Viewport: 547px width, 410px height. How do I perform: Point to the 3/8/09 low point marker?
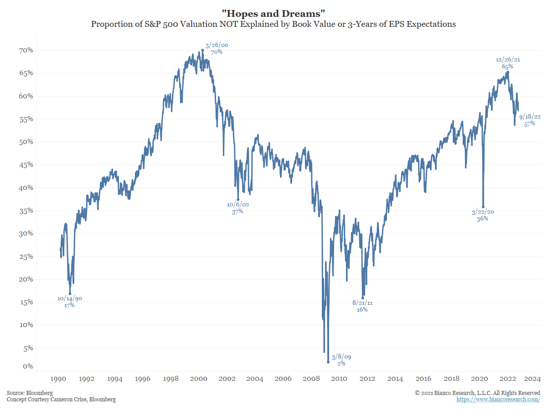(x=328, y=362)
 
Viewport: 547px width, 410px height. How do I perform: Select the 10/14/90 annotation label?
(x=70, y=302)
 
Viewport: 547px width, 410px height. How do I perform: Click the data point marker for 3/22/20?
(x=483, y=207)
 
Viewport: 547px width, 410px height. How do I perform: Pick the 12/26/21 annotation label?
(x=507, y=63)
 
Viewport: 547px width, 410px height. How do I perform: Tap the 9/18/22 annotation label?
(x=530, y=120)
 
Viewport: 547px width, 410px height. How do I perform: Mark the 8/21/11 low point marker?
(x=363, y=297)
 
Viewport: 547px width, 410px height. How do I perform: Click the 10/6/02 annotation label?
(x=238, y=208)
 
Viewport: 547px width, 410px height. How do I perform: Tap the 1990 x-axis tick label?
(x=59, y=379)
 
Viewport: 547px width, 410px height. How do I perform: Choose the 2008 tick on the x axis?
(x=311, y=379)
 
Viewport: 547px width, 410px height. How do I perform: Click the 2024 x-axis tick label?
(x=532, y=379)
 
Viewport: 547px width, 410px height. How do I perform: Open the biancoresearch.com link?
(x=498, y=400)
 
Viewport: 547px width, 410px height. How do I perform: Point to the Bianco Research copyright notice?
(x=477, y=393)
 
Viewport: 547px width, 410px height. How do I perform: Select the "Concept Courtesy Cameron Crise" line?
(x=61, y=400)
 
